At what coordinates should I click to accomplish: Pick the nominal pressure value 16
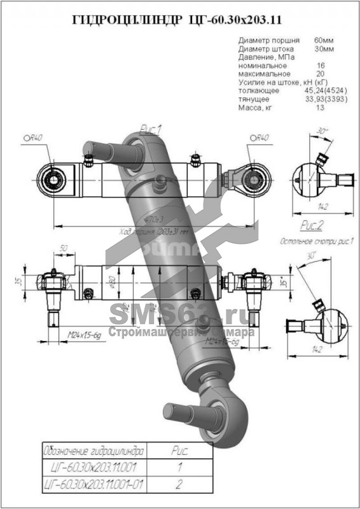click(321, 66)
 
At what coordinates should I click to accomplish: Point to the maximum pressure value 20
click(321, 74)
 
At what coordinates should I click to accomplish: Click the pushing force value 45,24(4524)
click(326, 90)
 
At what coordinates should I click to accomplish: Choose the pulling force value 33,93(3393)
click(326, 99)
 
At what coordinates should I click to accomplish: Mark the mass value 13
click(320, 107)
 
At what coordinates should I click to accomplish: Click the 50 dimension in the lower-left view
click(63, 248)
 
